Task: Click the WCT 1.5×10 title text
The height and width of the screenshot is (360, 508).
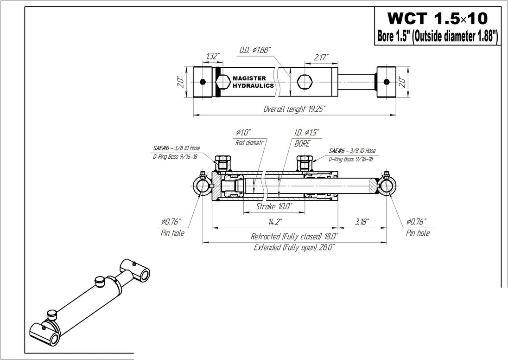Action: [437, 18]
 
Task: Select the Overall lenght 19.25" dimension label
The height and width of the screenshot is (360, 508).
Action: [295, 109]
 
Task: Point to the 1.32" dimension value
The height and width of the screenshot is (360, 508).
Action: [212, 56]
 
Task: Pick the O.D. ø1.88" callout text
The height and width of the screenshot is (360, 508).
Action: [255, 50]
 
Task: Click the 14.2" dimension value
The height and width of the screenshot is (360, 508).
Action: [274, 222]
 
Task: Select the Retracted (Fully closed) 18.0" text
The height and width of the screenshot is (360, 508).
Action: [292, 236]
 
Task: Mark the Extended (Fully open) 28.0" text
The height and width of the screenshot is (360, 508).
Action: [294, 247]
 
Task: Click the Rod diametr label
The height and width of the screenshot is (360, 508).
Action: [249, 143]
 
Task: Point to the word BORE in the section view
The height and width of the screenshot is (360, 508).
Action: [302, 143]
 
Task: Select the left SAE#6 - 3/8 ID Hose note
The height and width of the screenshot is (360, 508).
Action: [177, 148]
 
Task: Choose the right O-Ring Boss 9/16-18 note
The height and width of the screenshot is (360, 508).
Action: [351, 159]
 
